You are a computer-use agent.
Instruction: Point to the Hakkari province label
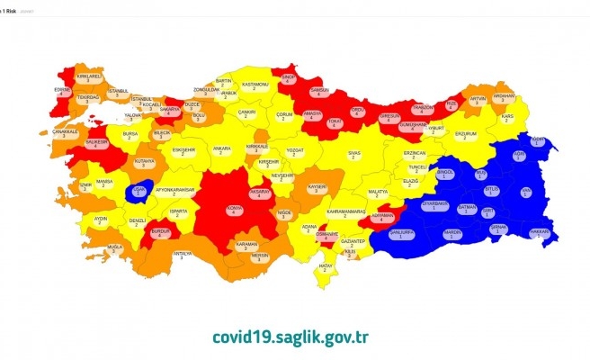(541, 231)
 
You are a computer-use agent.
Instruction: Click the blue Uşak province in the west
(139, 190)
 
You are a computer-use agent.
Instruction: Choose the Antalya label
(182, 255)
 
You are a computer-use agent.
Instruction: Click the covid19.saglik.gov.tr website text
(291, 337)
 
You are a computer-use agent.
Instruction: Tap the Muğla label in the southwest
(113, 247)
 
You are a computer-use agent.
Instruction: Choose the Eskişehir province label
(183, 150)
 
